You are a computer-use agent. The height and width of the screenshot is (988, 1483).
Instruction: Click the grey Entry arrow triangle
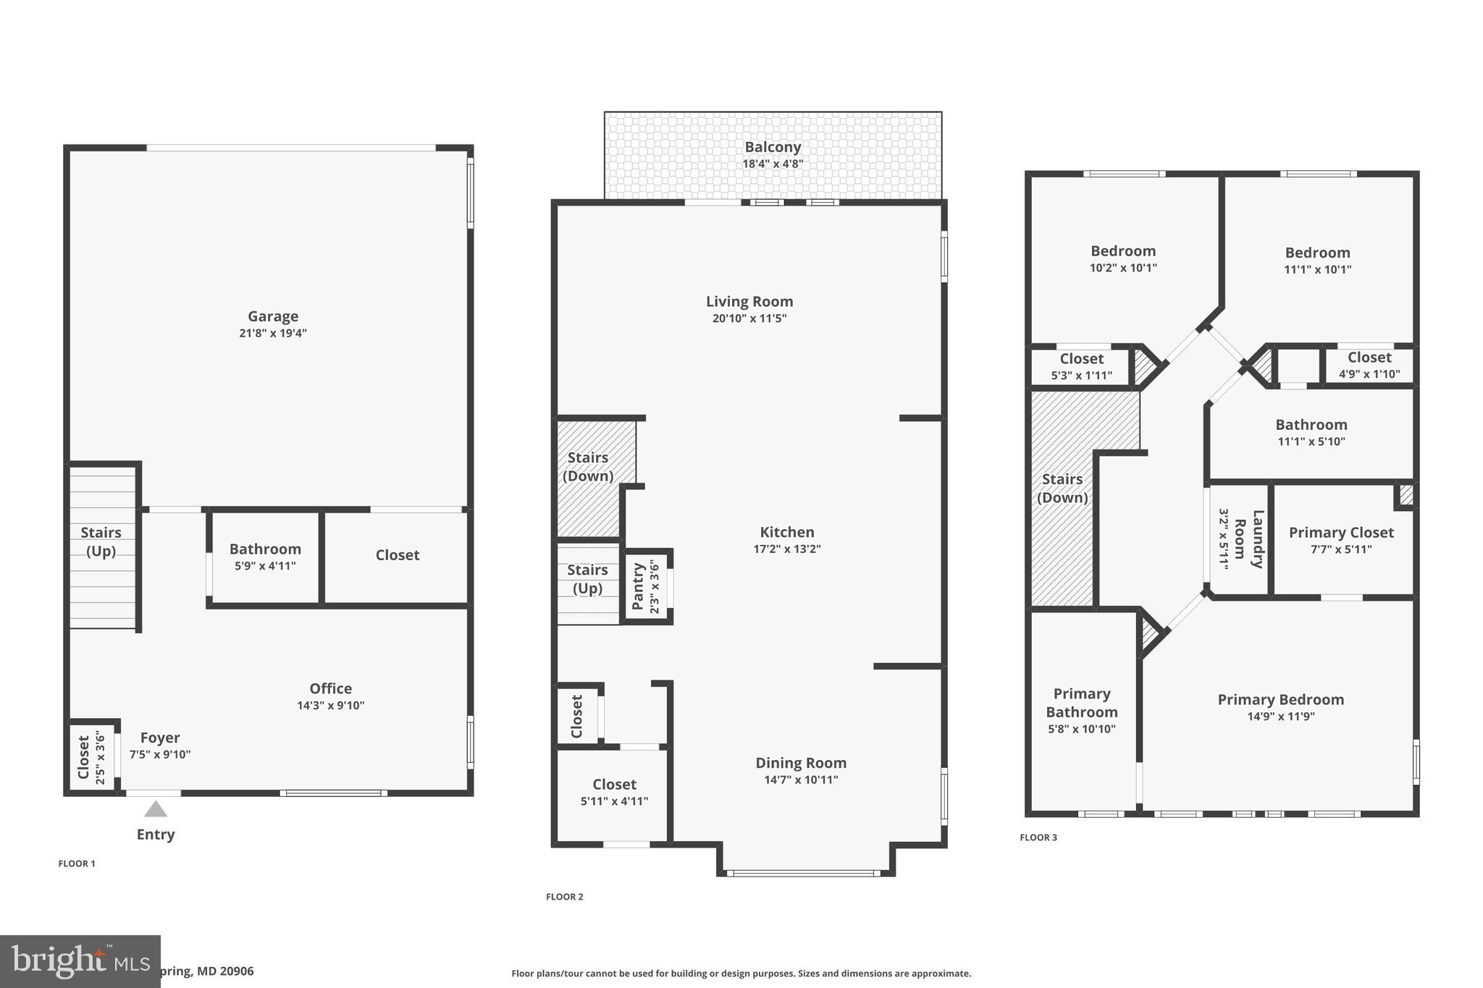156,809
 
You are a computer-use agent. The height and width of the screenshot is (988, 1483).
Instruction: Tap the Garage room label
273,316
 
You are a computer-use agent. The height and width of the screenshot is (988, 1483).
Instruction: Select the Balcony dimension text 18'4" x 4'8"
773,164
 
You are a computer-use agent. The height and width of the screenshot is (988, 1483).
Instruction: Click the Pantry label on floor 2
638,586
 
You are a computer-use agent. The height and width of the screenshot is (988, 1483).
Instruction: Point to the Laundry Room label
1250,539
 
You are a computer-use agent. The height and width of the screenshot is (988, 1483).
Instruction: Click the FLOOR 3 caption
1038,837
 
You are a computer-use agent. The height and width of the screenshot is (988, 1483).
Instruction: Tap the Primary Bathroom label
1081,703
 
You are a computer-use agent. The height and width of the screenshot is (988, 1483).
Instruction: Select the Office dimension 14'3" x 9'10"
330,706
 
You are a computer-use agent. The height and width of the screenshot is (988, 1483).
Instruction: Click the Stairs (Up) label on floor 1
101,541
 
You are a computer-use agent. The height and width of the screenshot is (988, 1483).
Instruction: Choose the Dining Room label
801,763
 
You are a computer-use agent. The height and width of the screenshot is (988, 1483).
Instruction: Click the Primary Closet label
1340,533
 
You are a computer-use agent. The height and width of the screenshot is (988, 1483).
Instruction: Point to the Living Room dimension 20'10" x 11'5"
749,318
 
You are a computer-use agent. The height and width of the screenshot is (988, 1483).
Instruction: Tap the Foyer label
160,738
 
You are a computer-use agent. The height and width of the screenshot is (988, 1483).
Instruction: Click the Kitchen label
787,532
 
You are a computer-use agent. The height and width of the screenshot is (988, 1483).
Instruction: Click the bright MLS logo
80,961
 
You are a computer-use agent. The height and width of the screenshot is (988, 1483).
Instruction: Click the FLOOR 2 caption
564,897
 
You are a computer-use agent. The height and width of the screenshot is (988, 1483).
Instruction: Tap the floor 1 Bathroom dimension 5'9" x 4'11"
265,566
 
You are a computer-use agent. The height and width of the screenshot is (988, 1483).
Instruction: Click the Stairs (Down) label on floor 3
1062,488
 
